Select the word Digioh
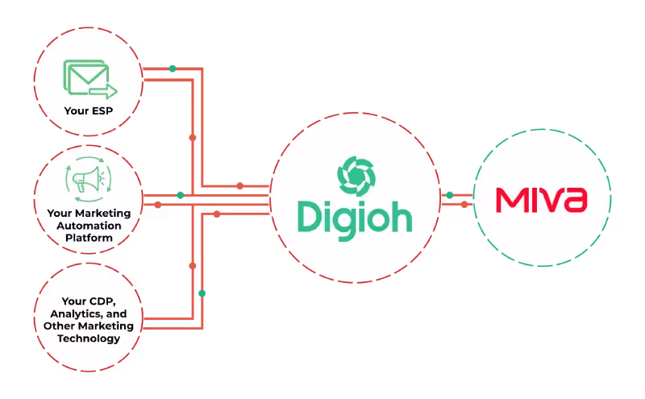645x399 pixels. pyautogui.click(x=354, y=216)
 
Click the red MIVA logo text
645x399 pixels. pyautogui.click(x=541, y=199)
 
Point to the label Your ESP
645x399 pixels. pyautogui.click(x=88, y=109)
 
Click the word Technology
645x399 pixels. pyautogui.click(x=89, y=338)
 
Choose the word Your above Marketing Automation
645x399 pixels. pyautogui.click(x=60, y=214)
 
